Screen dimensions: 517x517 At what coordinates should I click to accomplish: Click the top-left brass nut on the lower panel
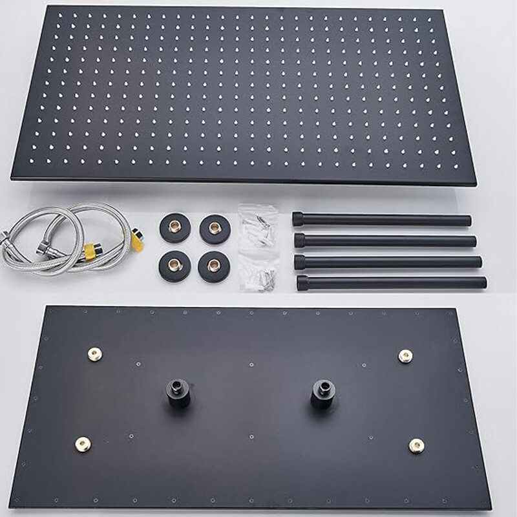pos(95,353)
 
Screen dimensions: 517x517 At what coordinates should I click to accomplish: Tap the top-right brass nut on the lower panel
pos(405,355)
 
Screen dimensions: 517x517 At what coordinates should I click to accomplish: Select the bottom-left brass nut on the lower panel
pos(83,443)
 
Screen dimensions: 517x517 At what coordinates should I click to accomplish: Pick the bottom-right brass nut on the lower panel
pos(417,445)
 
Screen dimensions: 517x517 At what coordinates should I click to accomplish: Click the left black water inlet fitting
pos(178,392)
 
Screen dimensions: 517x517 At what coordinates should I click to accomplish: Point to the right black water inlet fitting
pos(322,392)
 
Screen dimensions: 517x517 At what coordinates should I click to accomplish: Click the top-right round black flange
pos(215,229)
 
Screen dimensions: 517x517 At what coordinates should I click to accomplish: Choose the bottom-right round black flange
pos(214,266)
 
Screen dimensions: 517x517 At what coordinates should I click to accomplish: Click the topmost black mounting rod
pos(381,220)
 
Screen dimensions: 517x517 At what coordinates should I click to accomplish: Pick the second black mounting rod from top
pos(385,241)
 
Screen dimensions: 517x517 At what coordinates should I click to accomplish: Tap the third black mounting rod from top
pos(388,261)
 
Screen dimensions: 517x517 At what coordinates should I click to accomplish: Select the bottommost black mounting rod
pos(392,282)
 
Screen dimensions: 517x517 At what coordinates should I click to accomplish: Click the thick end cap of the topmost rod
pos(298,219)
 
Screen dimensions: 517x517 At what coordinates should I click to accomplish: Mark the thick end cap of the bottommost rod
pos(303,282)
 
